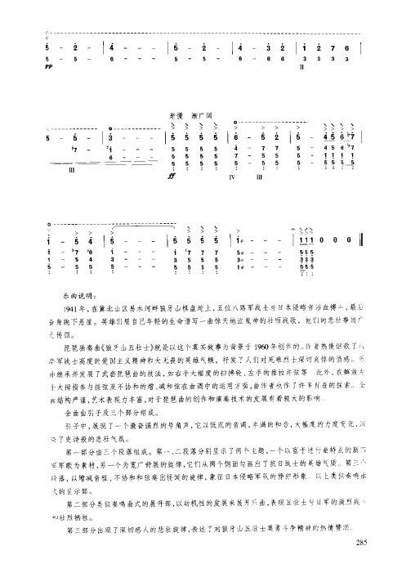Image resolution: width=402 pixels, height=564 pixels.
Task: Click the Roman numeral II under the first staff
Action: click(x=302, y=68)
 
